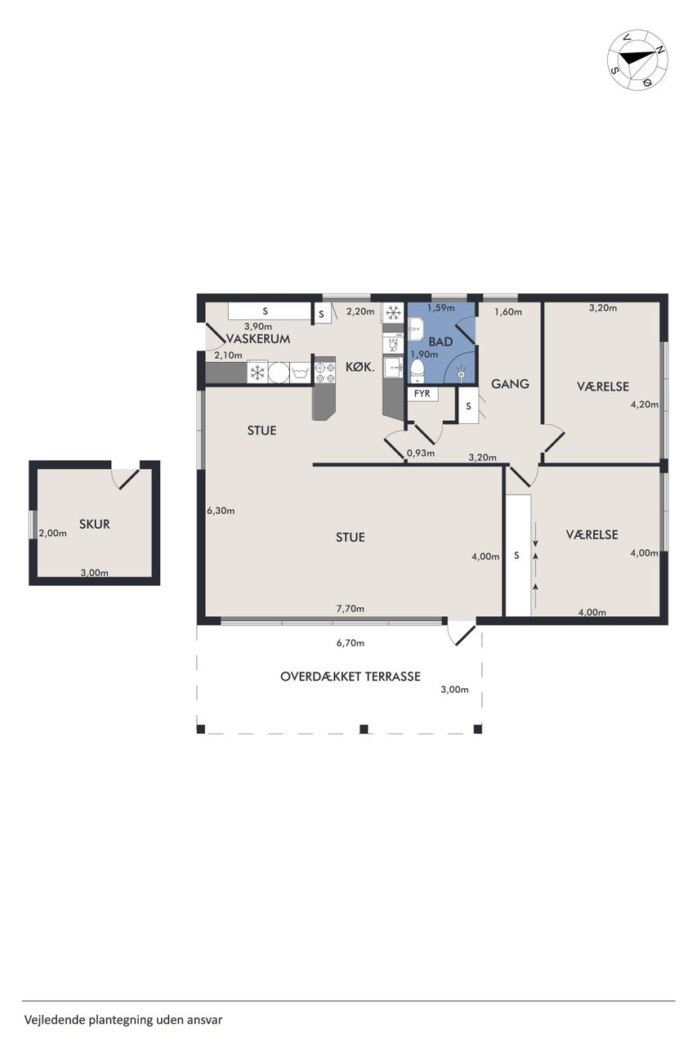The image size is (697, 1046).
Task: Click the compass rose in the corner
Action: click(x=637, y=60)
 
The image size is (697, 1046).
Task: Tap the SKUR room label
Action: click(x=94, y=524)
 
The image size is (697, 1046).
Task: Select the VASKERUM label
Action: click(x=258, y=339)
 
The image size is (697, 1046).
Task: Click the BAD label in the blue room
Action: click(x=440, y=342)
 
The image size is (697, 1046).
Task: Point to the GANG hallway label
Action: click(x=510, y=384)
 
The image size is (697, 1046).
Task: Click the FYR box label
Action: click(x=422, y=393)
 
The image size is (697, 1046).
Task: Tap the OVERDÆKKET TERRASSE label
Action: click(x=350, y=677)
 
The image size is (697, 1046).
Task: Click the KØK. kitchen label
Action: click(x=360, y=368)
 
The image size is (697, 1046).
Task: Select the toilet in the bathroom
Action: click(x=417, y=370)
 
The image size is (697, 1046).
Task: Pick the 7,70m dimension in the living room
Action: click(x=350, y=609)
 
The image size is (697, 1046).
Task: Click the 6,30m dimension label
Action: click(x=221, y=511)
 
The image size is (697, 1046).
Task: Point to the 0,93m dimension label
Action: click(x=421, y=453)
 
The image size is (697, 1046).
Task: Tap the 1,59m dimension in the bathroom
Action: click(x=440, y=308)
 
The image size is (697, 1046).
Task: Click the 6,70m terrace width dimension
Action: click(x=350, y=642)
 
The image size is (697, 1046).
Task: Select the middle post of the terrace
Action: click(x=364, y=729)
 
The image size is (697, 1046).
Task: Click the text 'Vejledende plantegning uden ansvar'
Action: click(x=123, y=1019)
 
